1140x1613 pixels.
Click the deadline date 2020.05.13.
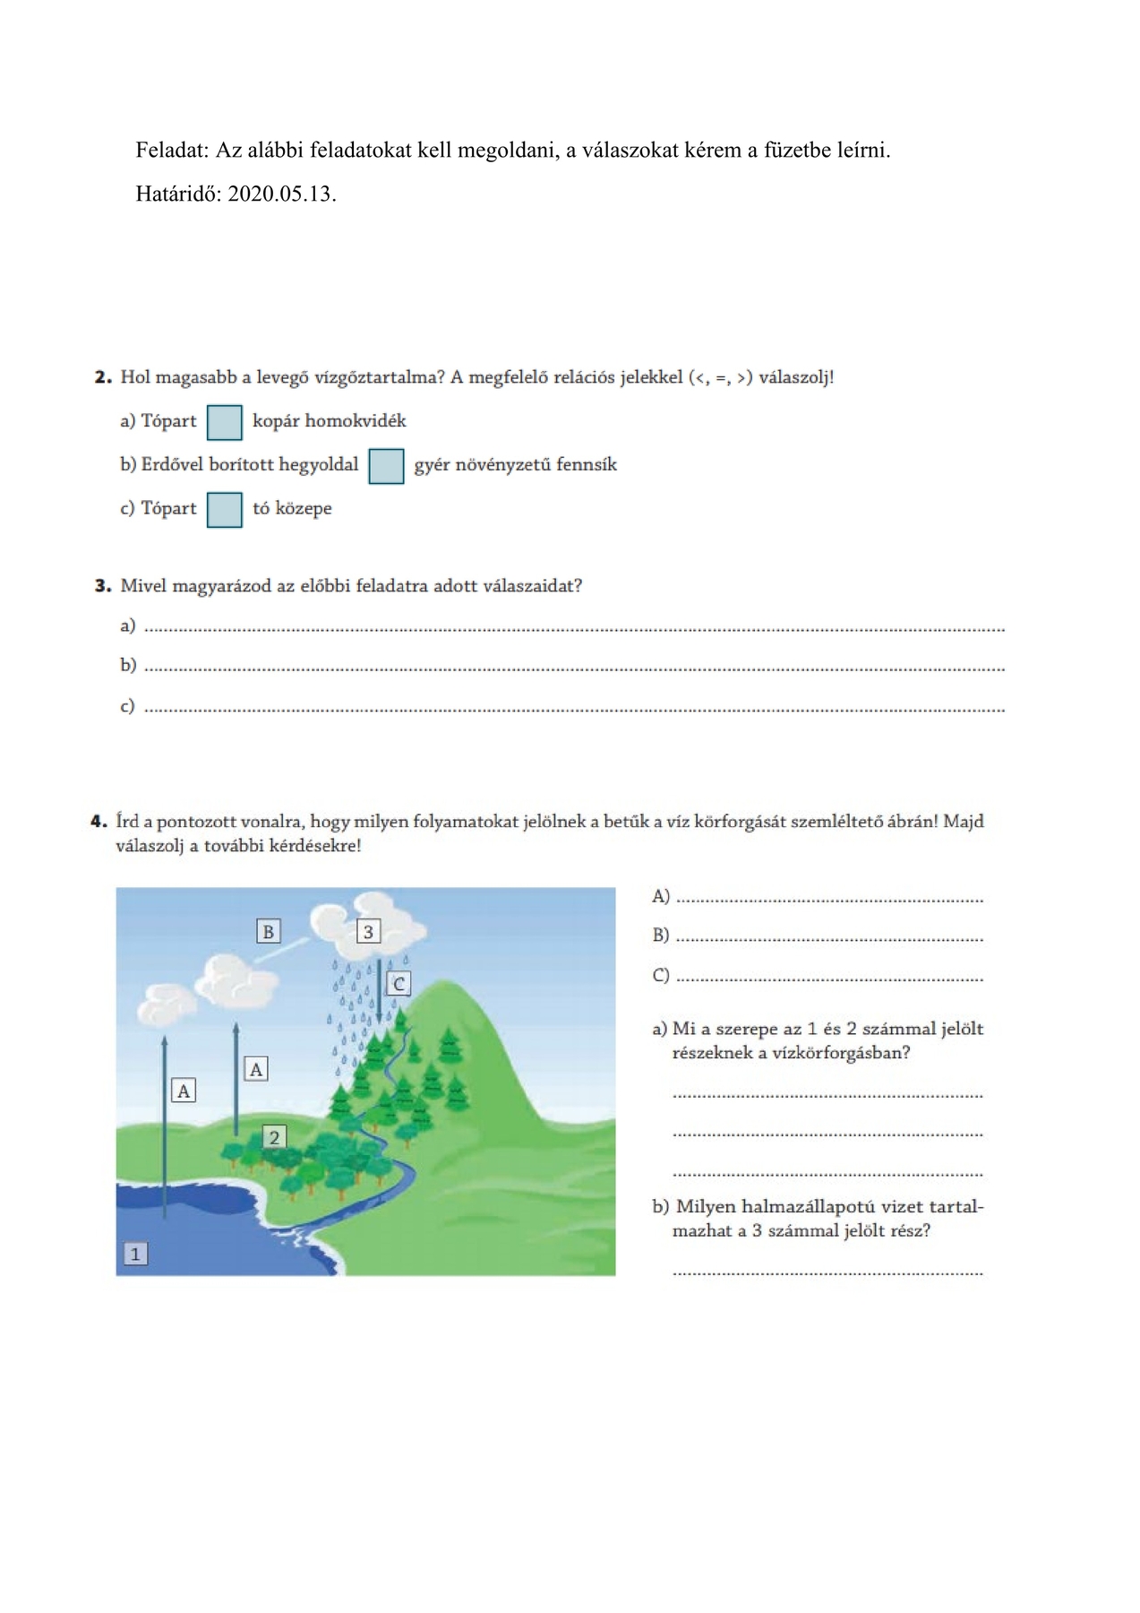click(x=282, y=194)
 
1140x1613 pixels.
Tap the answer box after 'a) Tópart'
click(x=225, y=422)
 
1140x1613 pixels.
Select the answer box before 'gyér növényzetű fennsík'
click(x=386, y=466)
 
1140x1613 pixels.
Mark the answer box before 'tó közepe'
click(x=225, y=510)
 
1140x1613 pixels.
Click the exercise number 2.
click(x=102, y=377)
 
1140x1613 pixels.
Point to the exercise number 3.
click(x=102, y=586)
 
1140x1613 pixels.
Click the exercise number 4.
click(x=99, y=821)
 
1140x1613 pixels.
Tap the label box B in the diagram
click(x=268, y=931)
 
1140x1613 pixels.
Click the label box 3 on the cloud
click(x=368, y=931)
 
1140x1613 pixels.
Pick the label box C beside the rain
click(x=399, y=984)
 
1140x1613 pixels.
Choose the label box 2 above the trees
click(x=274, y=1137)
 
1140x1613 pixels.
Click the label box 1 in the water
click(x=135, y=1254)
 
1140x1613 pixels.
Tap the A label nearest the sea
click(x=184, y=1091)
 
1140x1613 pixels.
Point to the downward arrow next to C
click(x=379, y=990)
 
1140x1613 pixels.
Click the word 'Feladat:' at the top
click(x=172, y=150)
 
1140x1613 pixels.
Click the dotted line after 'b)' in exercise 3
click(x=574, y=668)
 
